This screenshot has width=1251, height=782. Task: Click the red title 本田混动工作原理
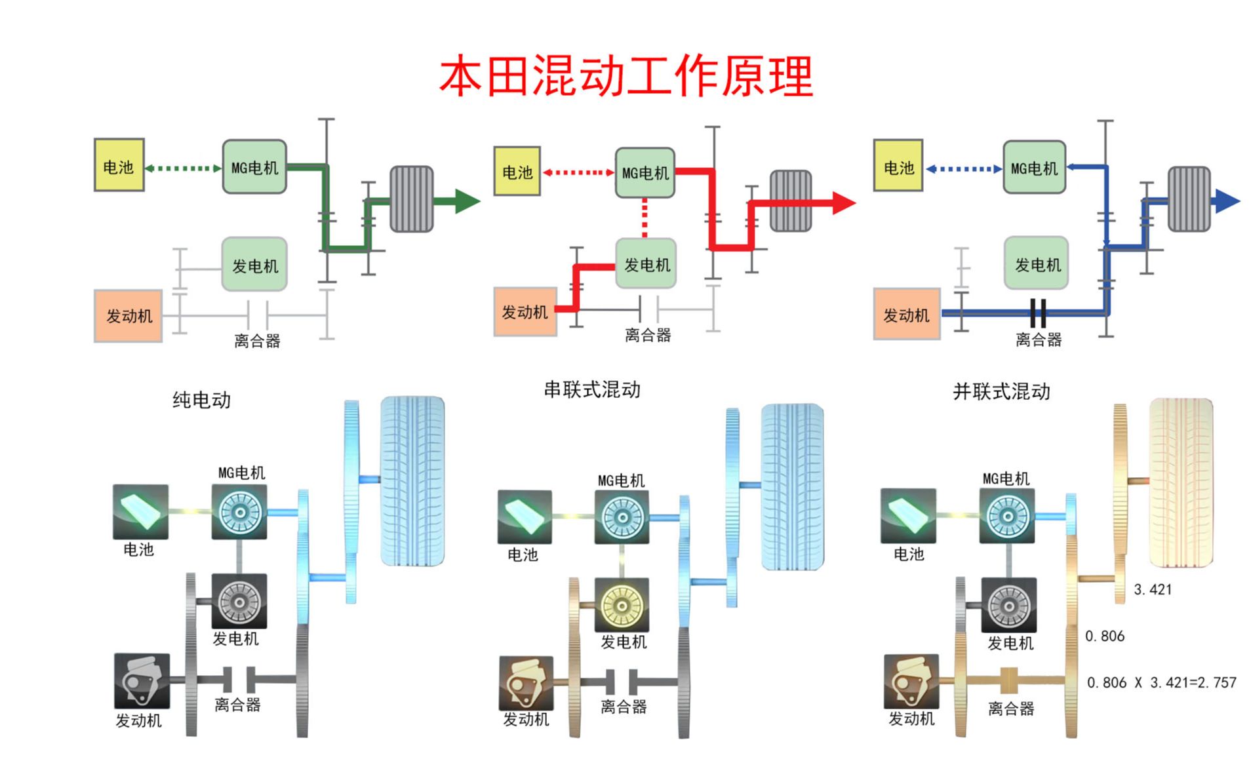(626, 76)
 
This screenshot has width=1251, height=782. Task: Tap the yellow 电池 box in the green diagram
(119, 165)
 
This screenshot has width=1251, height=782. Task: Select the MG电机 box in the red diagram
(645, 172)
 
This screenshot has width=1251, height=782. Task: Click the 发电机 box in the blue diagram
(1037, 264)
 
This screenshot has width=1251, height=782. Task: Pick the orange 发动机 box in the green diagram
(129, 315)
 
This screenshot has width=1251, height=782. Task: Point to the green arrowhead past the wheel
(467, 201)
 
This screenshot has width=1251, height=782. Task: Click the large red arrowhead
(843, 203)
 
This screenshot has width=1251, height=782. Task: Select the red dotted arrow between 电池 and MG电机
(578, 172)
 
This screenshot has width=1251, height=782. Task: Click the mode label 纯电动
(201, 400)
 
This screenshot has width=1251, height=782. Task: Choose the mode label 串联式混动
(592, 389)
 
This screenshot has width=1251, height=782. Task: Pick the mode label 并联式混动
(1001, 391)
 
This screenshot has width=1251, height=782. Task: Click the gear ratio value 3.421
(1153, 589)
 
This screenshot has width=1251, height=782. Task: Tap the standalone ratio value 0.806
(1105, 636)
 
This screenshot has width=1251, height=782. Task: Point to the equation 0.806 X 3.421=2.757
(1161, 682)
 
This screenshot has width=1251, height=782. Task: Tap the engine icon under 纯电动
(142, 680)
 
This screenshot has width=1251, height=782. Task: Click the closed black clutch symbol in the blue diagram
(1038, 313)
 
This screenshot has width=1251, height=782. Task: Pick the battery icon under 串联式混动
(524, 517)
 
